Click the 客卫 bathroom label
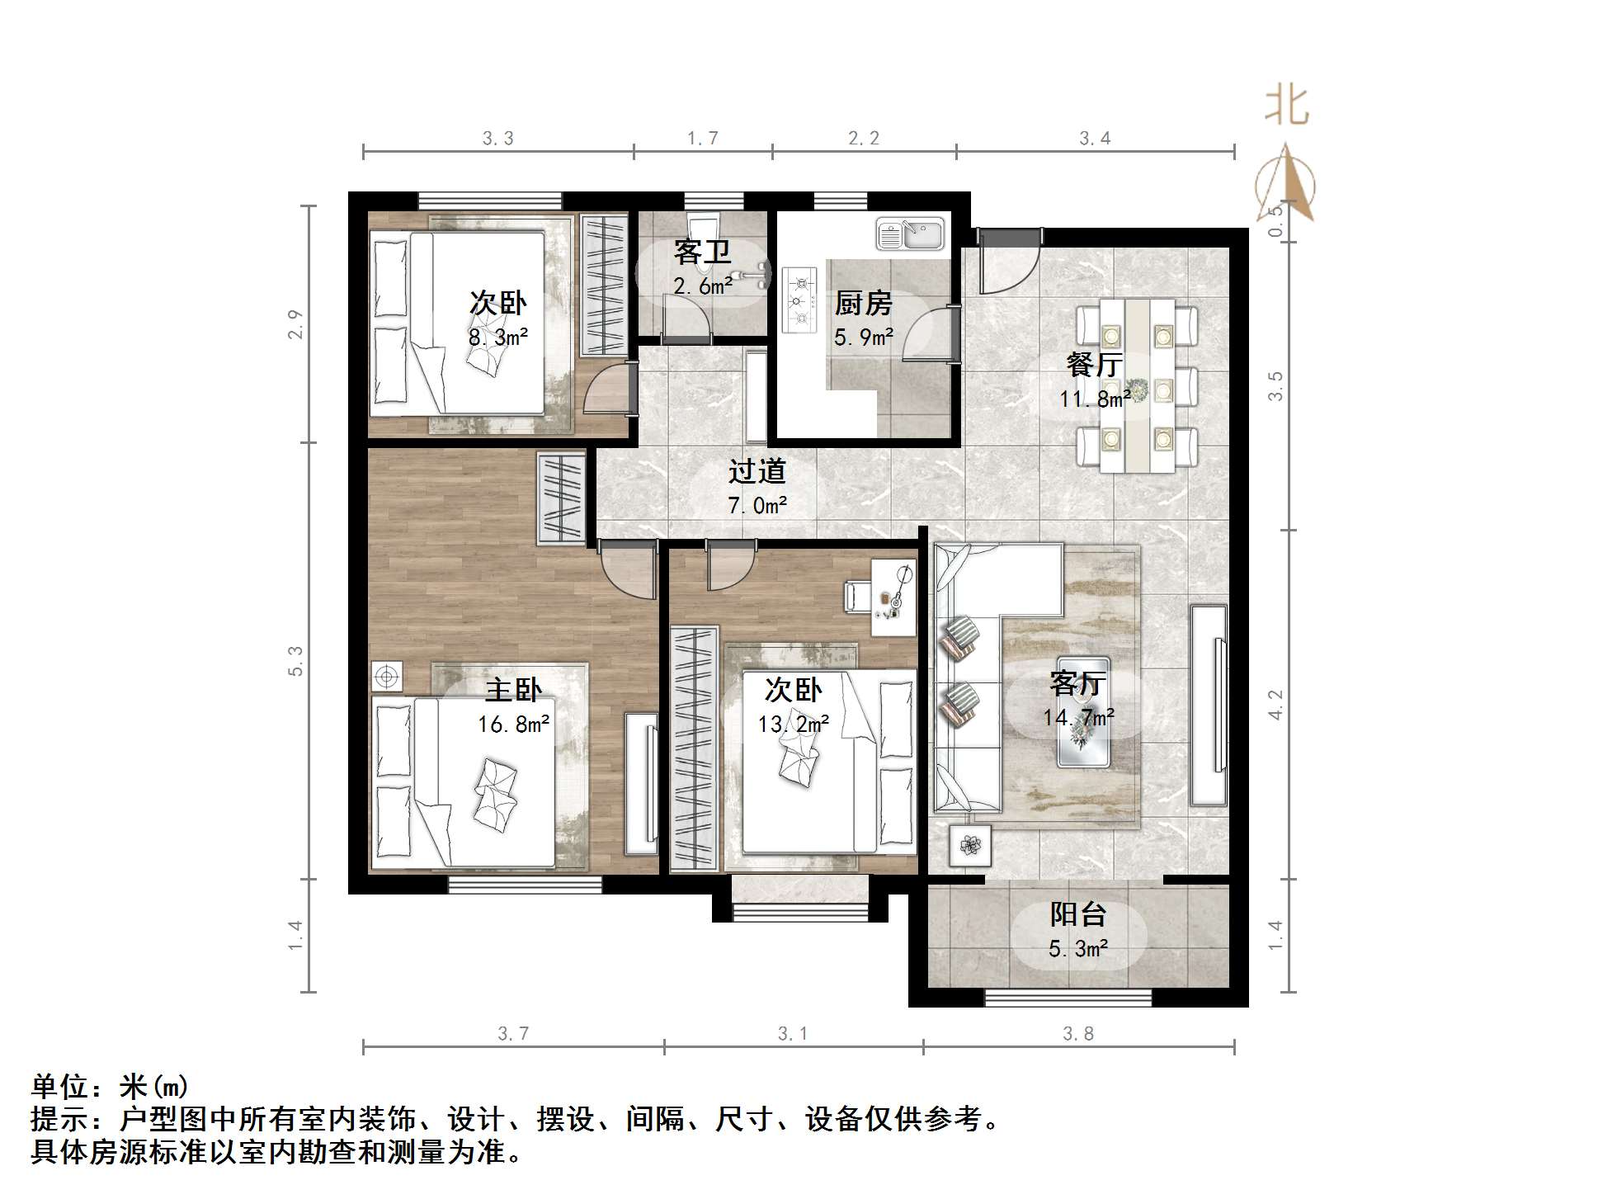pos(702,252)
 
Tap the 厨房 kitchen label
pos(863,304)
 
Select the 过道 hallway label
pos(757,471)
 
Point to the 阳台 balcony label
pos(1077,914)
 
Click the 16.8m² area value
pos(513,725)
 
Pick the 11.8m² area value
pos(1095,399)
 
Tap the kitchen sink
pos(910,234)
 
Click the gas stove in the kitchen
pos(799,299)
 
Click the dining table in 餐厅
pos(1138,385)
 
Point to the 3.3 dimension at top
pos(498,139)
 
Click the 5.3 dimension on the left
pos(295,661)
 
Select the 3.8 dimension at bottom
pos(1078,1034)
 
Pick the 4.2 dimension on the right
pos(1275,705)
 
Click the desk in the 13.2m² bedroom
pos(893,597)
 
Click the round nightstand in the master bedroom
pos(385,677)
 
